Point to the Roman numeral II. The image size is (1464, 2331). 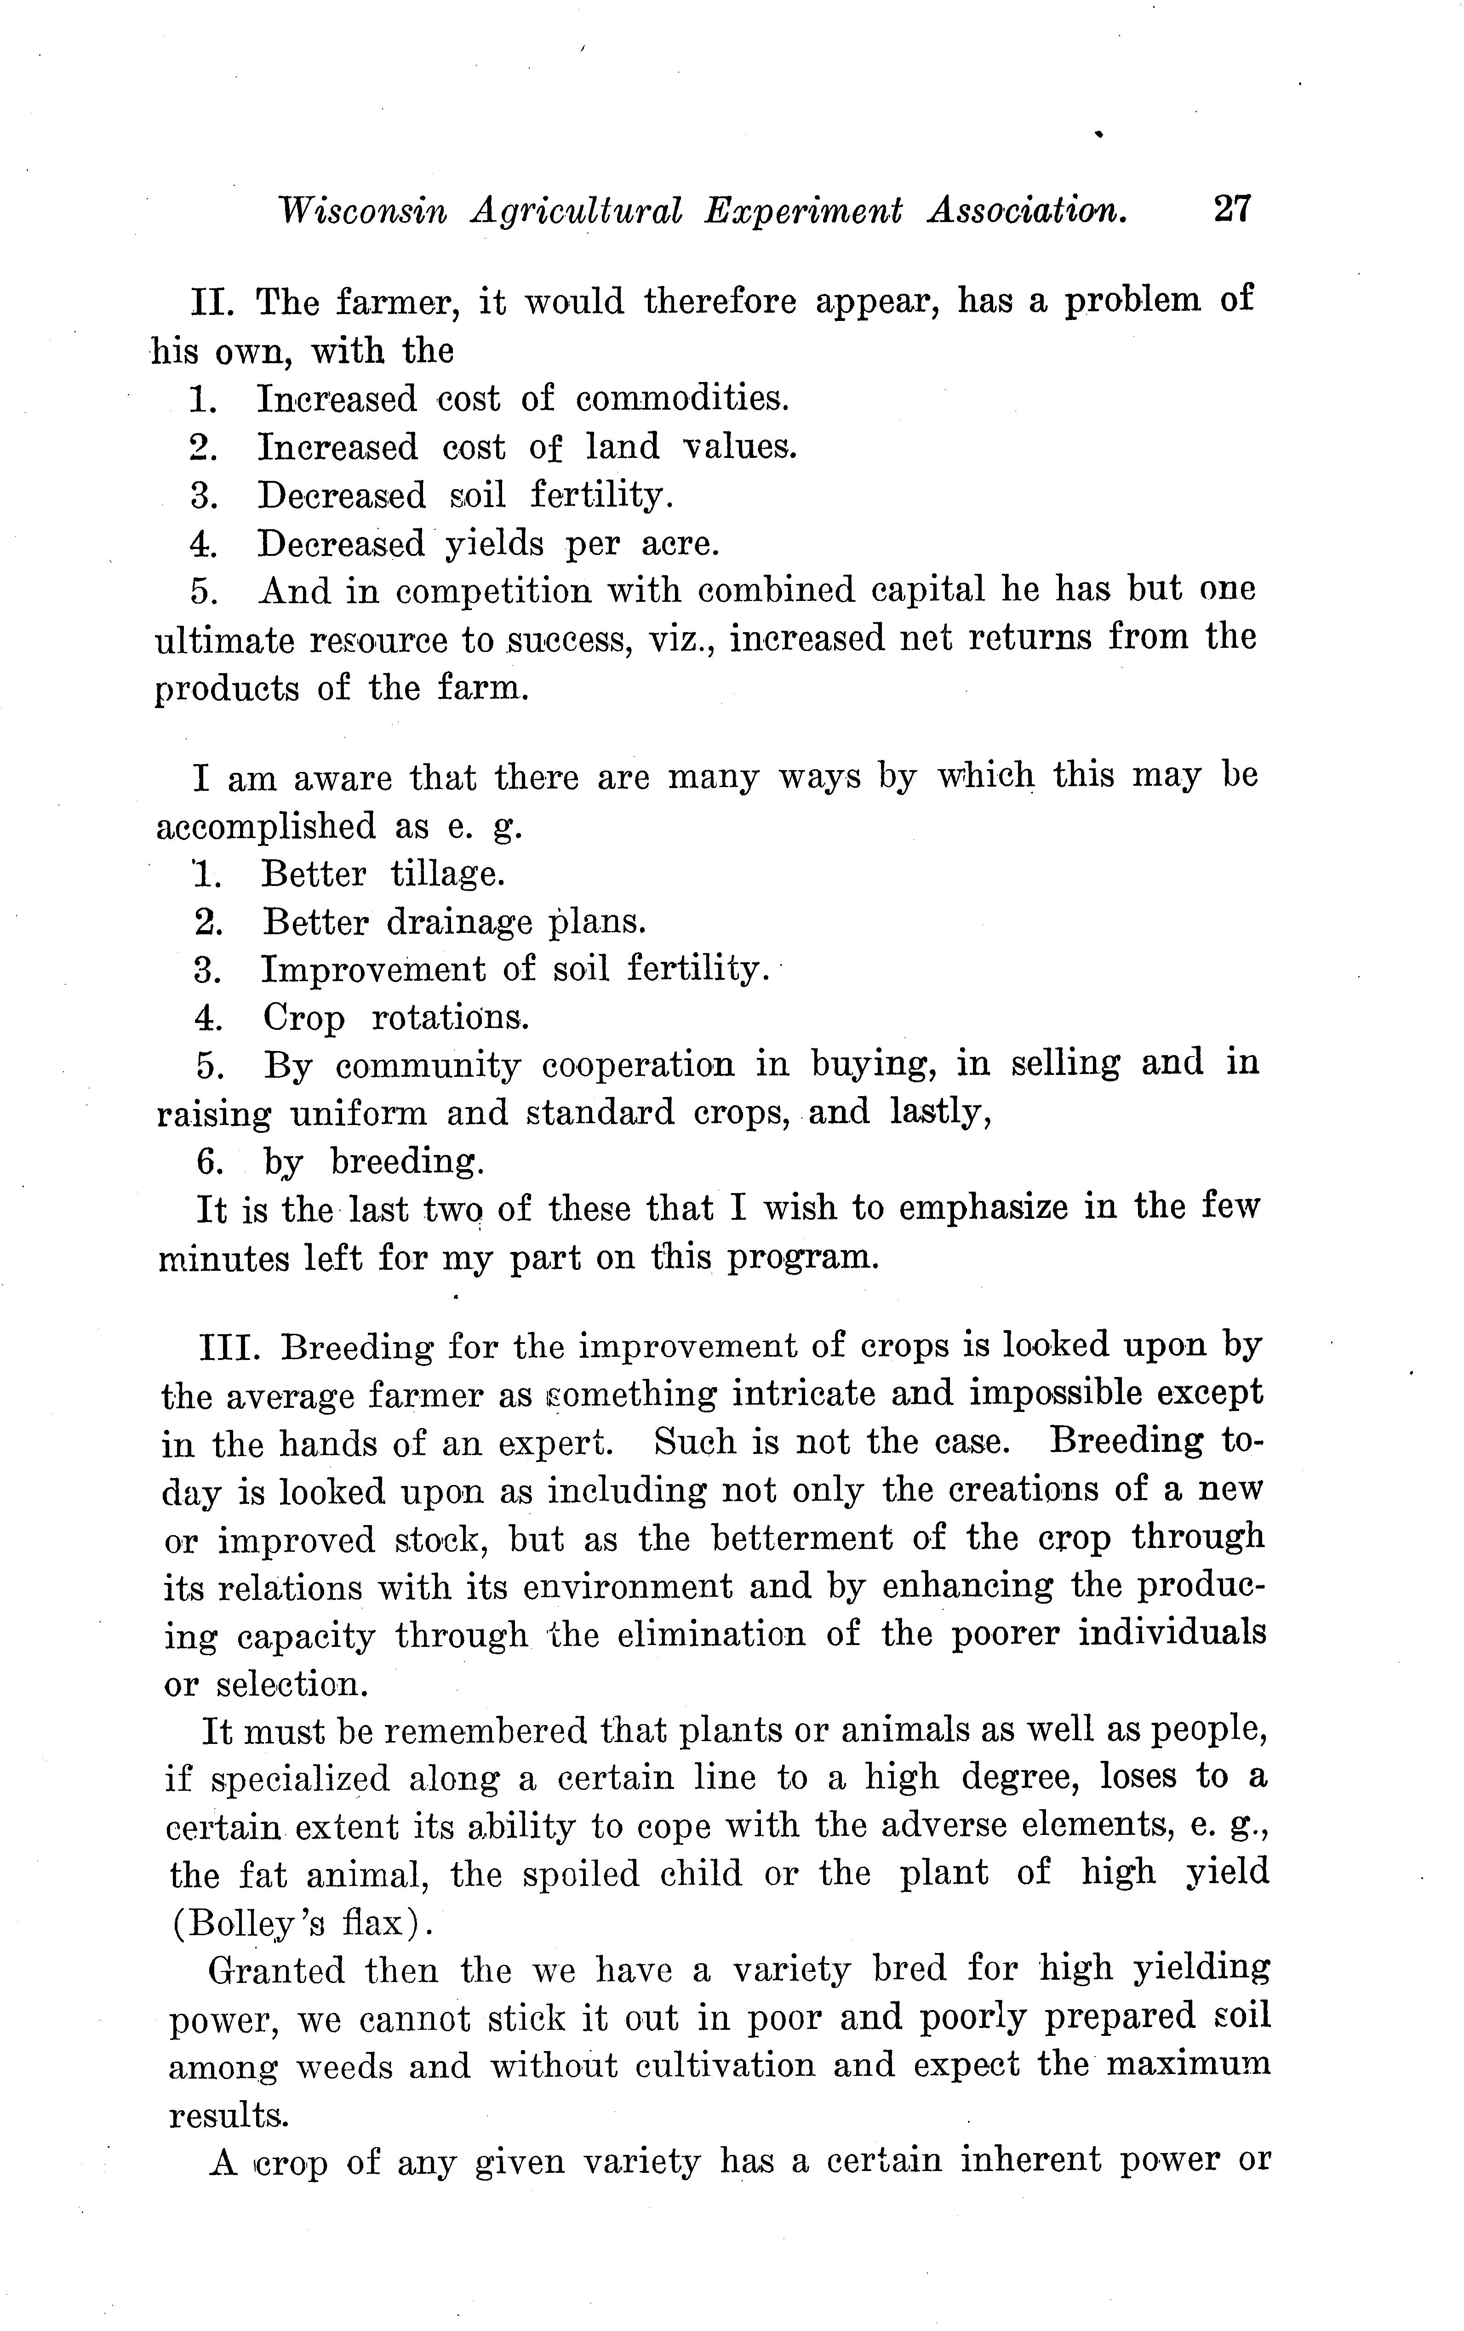208,302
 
